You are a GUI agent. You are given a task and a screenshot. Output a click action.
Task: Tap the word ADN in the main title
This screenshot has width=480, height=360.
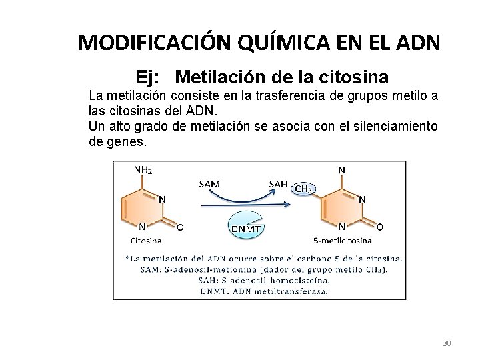click(x=416, y=43)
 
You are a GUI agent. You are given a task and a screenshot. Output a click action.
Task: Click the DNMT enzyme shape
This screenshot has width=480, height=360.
click(x=247, y=227)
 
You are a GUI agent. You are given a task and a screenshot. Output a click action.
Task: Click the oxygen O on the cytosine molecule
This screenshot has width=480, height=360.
click(x=181, y=227)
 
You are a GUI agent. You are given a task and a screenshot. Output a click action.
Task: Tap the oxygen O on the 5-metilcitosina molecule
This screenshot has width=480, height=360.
click(x=379, y=227)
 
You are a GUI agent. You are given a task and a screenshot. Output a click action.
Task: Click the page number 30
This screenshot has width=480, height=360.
click(x=447, y=343)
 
